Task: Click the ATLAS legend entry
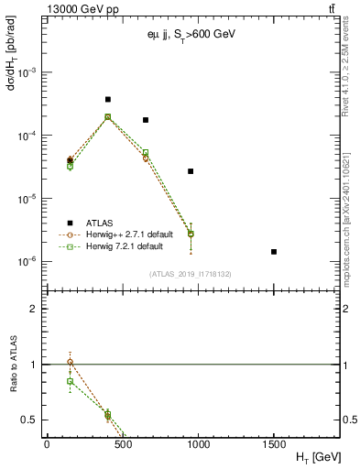point(99,222)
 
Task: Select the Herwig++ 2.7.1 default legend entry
point(128,234)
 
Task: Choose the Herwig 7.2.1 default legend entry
point(124,245)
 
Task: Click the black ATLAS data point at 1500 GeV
point(274,251)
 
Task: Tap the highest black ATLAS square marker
point(108,99)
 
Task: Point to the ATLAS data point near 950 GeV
point(191,171)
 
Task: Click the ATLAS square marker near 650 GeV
point(145,120)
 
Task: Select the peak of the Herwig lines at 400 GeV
point(108,117)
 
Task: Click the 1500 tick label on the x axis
point(274,443)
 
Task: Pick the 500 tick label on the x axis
point(123,443)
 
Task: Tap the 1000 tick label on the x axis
point(198,443)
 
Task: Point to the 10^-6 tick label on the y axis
point(30,262)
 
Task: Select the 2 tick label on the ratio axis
point(34,309)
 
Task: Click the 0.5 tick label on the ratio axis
point(30,420)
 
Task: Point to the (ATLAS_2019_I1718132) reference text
point(190,274)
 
